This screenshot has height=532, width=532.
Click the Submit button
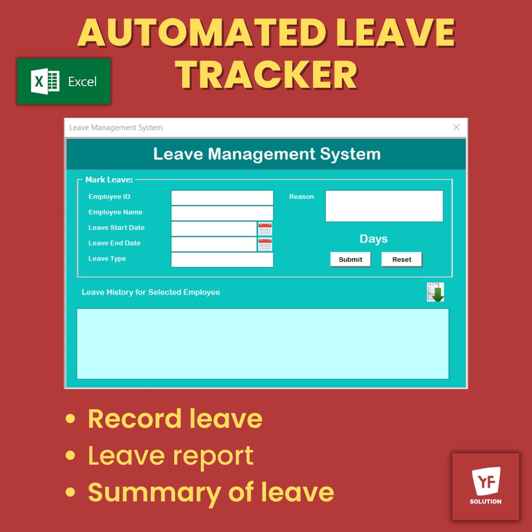coord(350,259)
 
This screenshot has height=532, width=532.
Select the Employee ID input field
coord(222,197)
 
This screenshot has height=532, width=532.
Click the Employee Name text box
coord(222,213)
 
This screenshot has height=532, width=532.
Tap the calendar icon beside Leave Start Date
coord(265,229)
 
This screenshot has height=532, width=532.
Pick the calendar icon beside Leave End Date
coord(265,244)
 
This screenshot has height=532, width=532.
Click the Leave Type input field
coord(222,260)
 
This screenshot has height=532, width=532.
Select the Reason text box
coord(384,206)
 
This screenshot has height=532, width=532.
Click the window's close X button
coord(456,127)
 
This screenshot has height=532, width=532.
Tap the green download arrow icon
coord(435,292)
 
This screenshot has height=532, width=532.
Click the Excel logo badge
coord(64,82)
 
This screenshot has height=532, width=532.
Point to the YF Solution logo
coord(485,486)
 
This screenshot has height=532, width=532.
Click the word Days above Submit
coord(374,239)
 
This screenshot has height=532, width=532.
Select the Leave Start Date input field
coord(214,229)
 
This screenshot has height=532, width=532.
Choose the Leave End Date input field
coord(214,244)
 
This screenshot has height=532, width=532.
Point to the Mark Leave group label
coord(109,180)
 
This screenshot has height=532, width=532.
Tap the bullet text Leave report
coord(170,456)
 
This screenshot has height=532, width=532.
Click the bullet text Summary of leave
coord(210,492)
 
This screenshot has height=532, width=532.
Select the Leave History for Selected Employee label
coord(151,292)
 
